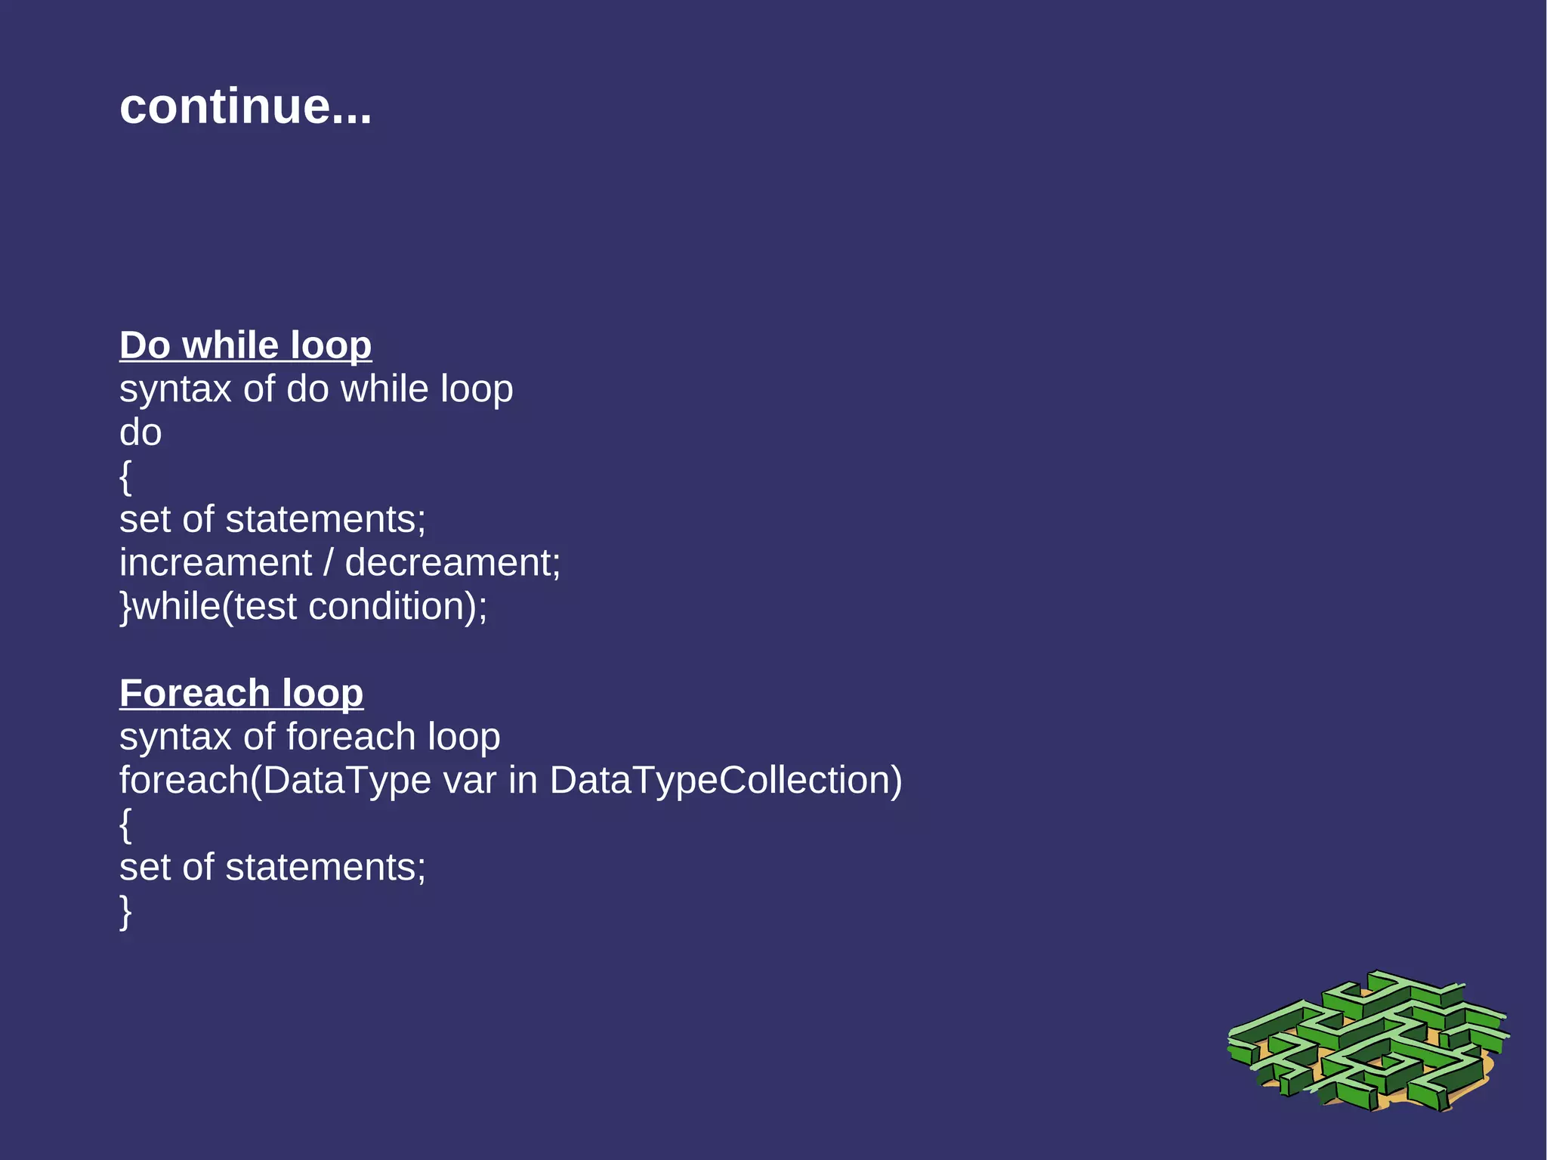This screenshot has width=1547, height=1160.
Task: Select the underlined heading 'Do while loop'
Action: click(245, 345)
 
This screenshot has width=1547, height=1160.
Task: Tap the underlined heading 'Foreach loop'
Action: click(241, 693)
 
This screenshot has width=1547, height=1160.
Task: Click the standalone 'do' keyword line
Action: click(140, 433)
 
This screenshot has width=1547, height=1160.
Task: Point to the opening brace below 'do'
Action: click(125, 477)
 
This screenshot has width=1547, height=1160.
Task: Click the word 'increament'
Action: click(215, 563)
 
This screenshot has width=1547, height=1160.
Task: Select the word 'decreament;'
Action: click(452, 563)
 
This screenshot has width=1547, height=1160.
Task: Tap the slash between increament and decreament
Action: click(328, 563)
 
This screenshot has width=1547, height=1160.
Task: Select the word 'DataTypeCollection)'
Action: click(725, 781)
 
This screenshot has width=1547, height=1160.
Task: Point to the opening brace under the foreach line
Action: click(125, 824)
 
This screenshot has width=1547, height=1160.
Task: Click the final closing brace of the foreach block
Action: click(125, 911)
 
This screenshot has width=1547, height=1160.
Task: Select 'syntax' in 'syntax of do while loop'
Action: click(175, 391)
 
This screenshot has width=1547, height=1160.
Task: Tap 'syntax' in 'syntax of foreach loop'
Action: click(175, 738)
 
